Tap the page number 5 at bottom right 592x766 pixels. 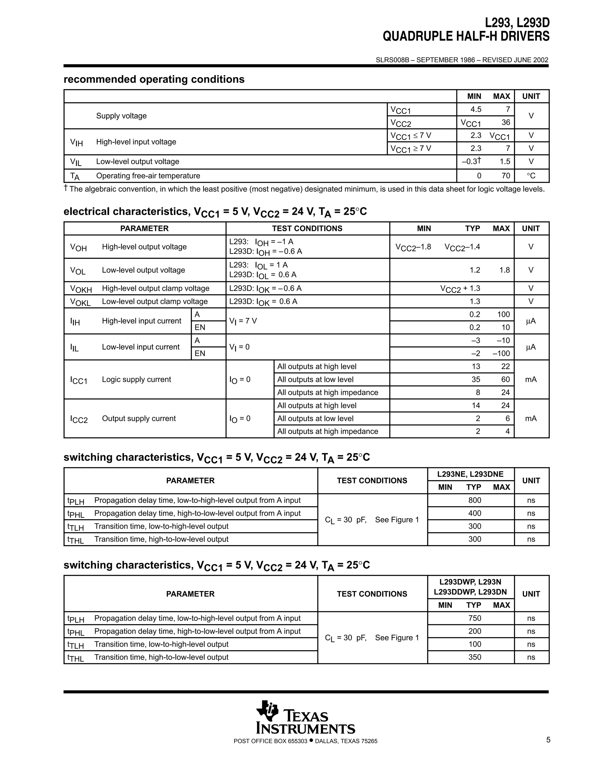coord(548,740)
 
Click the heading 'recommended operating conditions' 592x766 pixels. coord(154,79)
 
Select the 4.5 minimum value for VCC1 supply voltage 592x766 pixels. coord(476,110)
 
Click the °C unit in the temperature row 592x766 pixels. coord(531,176)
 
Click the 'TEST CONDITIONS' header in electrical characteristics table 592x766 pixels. coord(307,228)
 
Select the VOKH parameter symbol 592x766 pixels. coord(81,289)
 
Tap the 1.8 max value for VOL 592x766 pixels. coord(505,270)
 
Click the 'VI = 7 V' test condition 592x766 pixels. coord(243,321)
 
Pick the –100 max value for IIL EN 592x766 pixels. coord(501,353)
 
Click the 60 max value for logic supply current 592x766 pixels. coord(505,380)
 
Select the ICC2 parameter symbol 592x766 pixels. coord(79,419)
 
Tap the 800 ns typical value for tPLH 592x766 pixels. coord(475,500)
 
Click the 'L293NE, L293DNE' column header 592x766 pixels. coord(470,474)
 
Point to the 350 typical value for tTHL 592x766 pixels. coord(475,657)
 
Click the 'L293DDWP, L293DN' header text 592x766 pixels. coord(470,592)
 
